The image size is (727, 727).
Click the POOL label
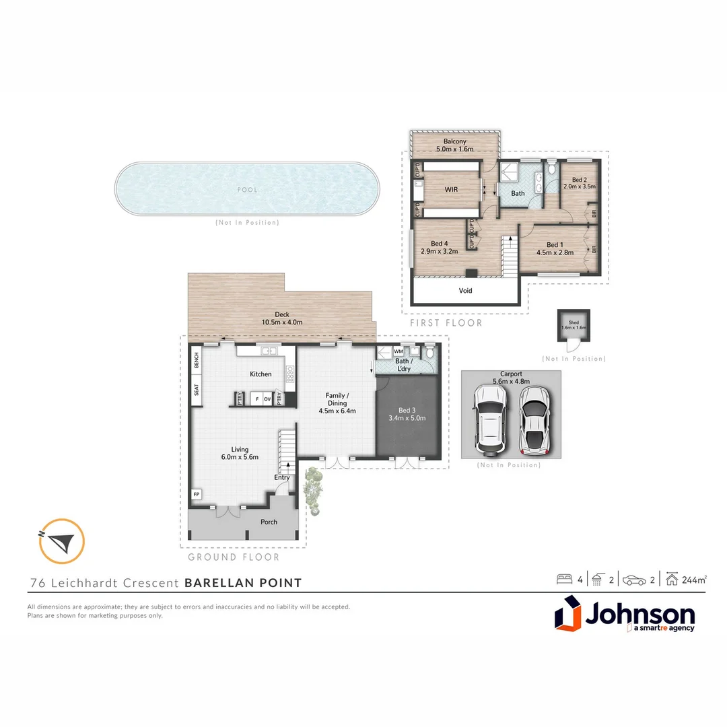pos(247,190)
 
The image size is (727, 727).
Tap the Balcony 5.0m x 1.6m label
pos(455,145)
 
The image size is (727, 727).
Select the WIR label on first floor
pos(451,190)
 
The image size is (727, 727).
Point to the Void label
pos(466,291)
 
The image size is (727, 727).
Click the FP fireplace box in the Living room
pos(197,495)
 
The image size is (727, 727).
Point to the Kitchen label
pos(261,374)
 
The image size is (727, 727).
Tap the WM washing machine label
pos(399,351)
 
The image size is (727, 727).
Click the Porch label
pos(269,522)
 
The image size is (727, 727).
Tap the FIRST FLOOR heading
pos(446,323)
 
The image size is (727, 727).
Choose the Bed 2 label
pos(579,180)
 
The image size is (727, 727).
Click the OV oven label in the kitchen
pos(267,399)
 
